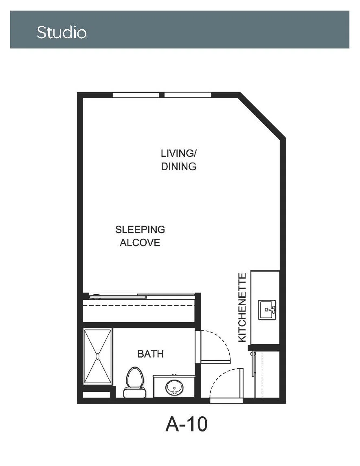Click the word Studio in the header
(61, 33)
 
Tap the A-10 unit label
(186, 424)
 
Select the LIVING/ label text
(179, 153)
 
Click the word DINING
(178, 167)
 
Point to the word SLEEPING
(140, 229)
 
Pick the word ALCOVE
(140, 242)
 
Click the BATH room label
(151, 354)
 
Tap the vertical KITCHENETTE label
(242, 308)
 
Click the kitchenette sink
(267, 310)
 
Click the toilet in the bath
(135, 382)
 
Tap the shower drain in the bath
(97, 356)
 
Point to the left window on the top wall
(136, 95)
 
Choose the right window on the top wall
(188, 95)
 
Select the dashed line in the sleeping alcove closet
(139, 306)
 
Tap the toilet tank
(135, 393)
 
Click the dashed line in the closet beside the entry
(263, 374)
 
